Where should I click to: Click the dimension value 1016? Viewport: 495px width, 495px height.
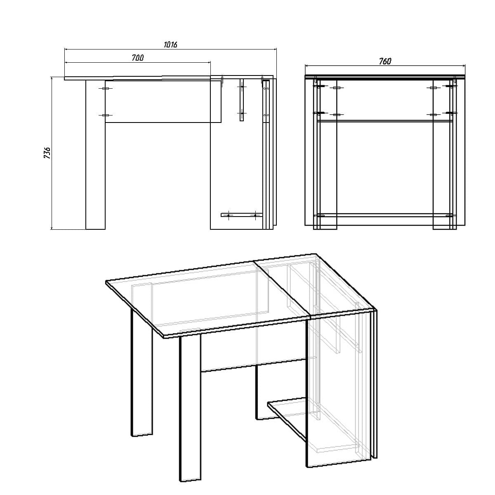tap(170, 45)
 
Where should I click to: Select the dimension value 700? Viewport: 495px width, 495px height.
tap(138, 58)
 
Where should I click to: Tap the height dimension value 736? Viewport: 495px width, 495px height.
tap(47, 153)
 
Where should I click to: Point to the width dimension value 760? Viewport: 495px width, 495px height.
tap(385, 61)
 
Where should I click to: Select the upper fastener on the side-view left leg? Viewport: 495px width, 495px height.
tap(105, 89)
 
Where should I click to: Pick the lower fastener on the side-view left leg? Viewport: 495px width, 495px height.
tap(105, 115)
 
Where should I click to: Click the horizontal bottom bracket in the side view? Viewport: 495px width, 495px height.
tap(241, 215)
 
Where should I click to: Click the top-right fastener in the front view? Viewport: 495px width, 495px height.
tap(450, 87)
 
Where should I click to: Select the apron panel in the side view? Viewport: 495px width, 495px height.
tap(165, 101)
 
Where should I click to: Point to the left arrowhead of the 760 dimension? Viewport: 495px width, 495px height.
tap(306, 66)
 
